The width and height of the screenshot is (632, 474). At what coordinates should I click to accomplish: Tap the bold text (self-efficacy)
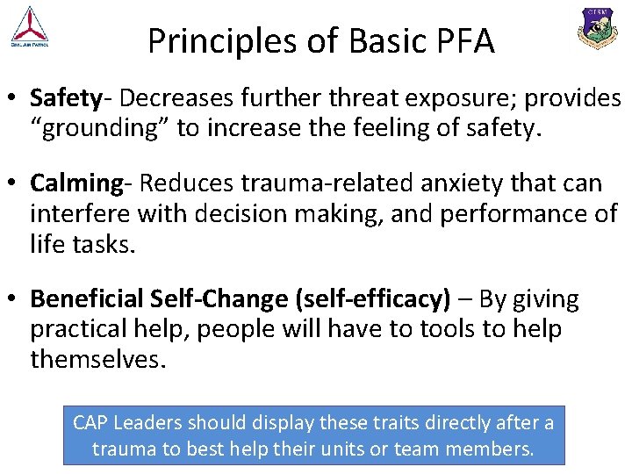click(375, 299)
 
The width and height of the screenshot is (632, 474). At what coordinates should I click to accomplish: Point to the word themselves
click(97, 359)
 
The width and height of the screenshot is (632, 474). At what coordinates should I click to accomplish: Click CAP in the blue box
click(90, 422)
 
